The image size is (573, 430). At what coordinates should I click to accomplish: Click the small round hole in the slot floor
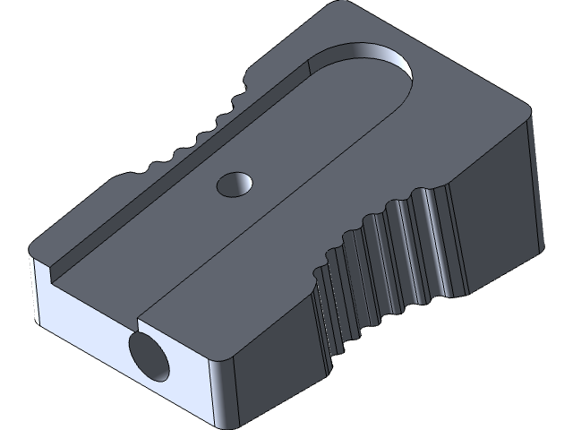[235, 184]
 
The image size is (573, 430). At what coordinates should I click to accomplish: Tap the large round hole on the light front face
[149, 357]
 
